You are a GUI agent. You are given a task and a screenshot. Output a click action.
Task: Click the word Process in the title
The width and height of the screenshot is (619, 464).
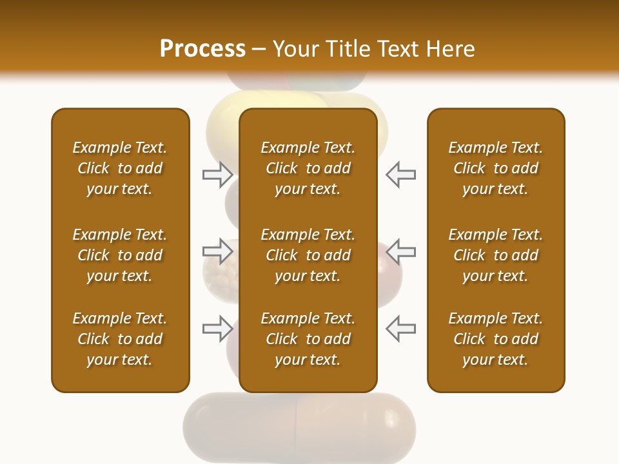click(x=202, y=49)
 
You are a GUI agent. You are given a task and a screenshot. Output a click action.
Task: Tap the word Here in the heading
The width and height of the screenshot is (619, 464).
click(x=449, y=49)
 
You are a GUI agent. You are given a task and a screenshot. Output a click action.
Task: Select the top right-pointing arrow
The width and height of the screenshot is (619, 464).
click(x=217, y=175)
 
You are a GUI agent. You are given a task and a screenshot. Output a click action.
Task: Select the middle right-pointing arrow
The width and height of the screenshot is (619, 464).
click(x=217, y=251)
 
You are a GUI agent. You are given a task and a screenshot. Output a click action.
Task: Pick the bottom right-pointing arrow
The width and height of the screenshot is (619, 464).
click(x=217, y=329)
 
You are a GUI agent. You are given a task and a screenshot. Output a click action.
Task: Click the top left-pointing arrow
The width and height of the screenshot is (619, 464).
click(x=400, y=175)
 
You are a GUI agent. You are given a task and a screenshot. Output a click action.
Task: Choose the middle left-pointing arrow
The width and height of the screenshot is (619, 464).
click(x=400, y=251)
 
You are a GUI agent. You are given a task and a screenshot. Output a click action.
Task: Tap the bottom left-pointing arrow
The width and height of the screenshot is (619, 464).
click(x=400, y=329)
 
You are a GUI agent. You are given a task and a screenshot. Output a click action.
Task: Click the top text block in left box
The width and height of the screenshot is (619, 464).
click(x=120, y=168)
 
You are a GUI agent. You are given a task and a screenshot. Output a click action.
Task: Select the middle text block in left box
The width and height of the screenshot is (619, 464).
click(x=120, y=255)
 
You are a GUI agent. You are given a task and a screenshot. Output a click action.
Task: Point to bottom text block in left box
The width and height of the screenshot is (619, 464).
click(x=120, y=339)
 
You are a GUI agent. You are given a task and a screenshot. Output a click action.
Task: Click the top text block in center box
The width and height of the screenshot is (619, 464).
click(x=308, y=168)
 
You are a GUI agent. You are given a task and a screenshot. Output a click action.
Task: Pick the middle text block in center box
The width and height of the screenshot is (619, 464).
click(x=308, y=255)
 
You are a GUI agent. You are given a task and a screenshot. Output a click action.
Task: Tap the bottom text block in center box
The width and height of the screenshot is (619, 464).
click(x=308, y=339)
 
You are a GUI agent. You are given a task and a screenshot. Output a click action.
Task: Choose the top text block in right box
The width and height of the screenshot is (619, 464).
click(x=495, y=168)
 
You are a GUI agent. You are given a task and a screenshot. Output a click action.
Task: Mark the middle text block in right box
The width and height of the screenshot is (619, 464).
click(x=495, y=255)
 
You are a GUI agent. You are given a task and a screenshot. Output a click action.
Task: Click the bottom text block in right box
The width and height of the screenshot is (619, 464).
click(x=495, y=339)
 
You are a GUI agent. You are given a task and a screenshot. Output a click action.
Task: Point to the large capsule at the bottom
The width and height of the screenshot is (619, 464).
click(x=300, y=425)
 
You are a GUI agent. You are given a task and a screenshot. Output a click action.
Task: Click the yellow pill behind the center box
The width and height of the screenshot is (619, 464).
click(x=223, y=126)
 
